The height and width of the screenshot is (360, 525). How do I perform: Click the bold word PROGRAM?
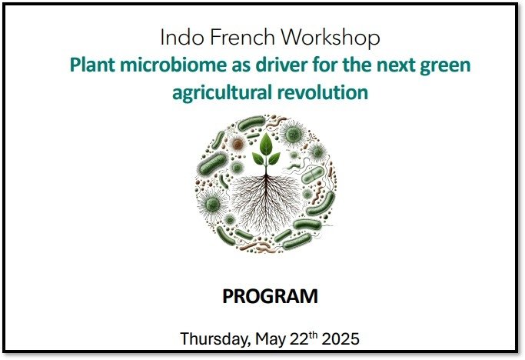click(269, 296)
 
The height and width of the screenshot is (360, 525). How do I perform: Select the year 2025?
click(340, 338)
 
